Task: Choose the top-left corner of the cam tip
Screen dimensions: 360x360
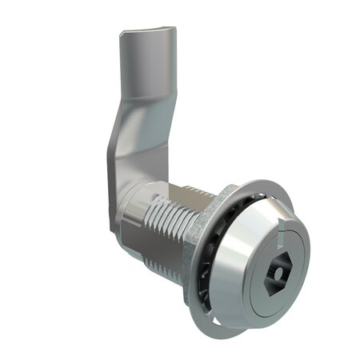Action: [122, 34]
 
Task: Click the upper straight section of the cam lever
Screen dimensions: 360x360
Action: [144, 72]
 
